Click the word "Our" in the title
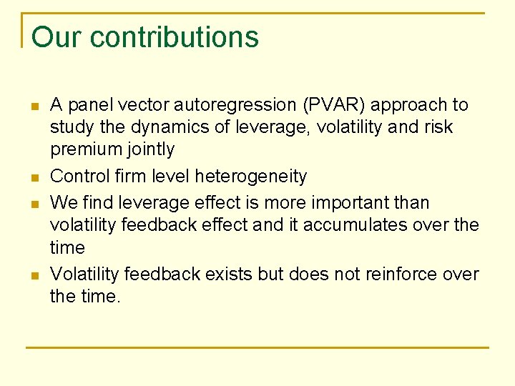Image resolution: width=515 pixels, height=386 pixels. pos(58,37)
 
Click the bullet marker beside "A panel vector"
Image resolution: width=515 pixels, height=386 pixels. pos(34,107)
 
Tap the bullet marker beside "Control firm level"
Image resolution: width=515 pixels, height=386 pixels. pos(34,177)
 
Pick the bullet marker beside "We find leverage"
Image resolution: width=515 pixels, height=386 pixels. pos(34,204)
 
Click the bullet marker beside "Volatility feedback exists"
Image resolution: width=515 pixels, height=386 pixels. pos(34,275)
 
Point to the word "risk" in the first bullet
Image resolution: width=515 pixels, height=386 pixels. pos(438,127)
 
